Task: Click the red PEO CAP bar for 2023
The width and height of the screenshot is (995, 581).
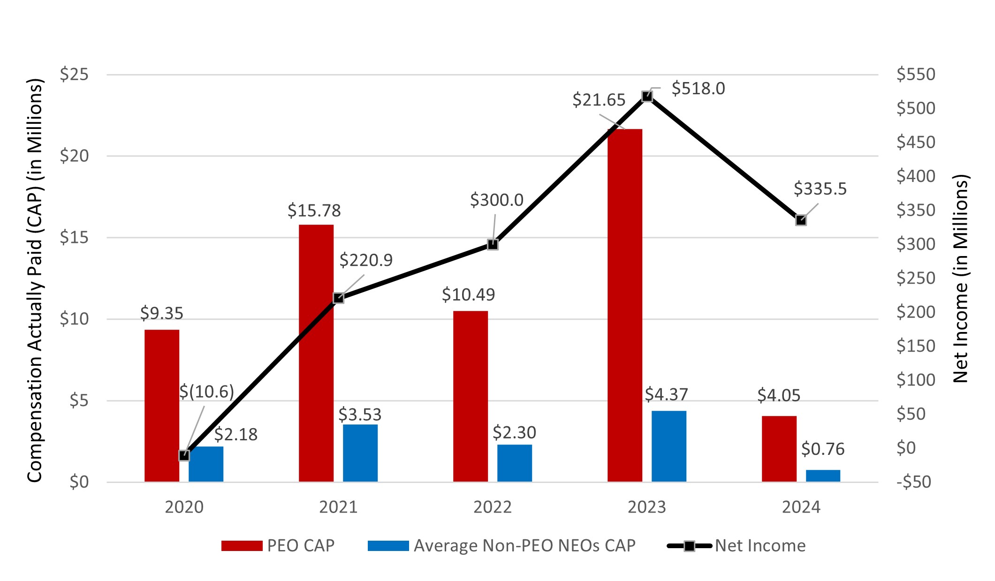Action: [624, 305]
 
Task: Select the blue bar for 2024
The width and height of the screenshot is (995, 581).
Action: [823, 475]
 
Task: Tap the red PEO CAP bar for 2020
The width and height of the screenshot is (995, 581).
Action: [161, 406]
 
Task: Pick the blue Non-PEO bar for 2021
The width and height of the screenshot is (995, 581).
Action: [360, 453]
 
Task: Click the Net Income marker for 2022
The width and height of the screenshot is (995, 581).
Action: [493, 244]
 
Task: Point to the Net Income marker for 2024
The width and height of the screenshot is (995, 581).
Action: [801, 220]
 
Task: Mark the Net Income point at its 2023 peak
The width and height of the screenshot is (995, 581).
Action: [647, 96]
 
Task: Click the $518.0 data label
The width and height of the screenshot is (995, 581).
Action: [698, 89]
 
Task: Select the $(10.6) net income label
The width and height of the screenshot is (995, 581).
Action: [206, 392]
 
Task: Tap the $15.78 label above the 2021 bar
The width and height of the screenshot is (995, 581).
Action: [314, 211]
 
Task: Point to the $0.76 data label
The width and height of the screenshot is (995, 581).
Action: [822, 449]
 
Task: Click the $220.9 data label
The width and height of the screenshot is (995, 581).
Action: [366, 260]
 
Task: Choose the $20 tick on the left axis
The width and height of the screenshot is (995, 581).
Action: [74, 156]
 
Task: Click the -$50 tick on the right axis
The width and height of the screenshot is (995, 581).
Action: [913, 482]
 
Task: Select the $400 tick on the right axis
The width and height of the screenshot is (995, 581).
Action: [915, 176]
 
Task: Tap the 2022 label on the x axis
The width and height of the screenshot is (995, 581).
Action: [492, 507]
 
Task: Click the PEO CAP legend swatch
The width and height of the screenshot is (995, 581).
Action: [242, 546]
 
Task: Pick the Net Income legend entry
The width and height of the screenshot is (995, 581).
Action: [760, 546]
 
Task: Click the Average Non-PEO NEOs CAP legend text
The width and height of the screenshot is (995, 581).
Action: [524, 546]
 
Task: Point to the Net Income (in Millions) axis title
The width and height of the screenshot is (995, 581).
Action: [961, 279]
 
